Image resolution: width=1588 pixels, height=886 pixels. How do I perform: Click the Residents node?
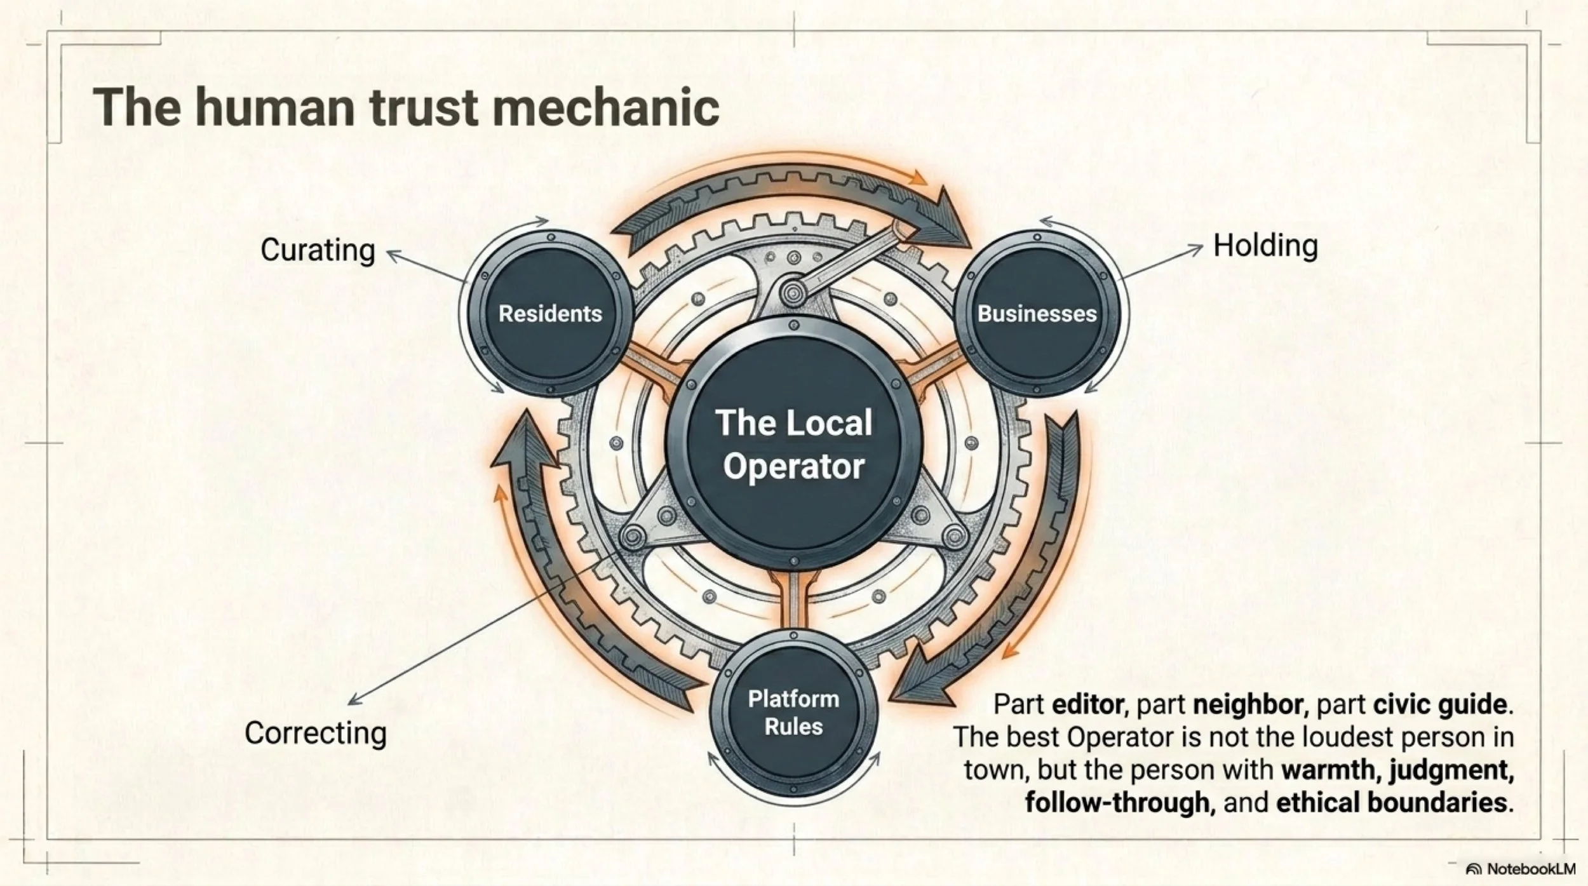click(550, 313)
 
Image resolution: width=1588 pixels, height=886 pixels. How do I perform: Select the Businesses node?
click(1037, 313)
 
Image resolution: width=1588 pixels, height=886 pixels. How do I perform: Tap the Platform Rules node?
click(793, 712)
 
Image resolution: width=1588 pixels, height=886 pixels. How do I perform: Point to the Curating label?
click(318, 250)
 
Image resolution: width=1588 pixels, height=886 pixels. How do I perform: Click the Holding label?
click(1265, 246)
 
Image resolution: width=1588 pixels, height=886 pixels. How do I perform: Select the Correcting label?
click(316, 733)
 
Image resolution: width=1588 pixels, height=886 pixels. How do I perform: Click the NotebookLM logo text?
click(1528, 869)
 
